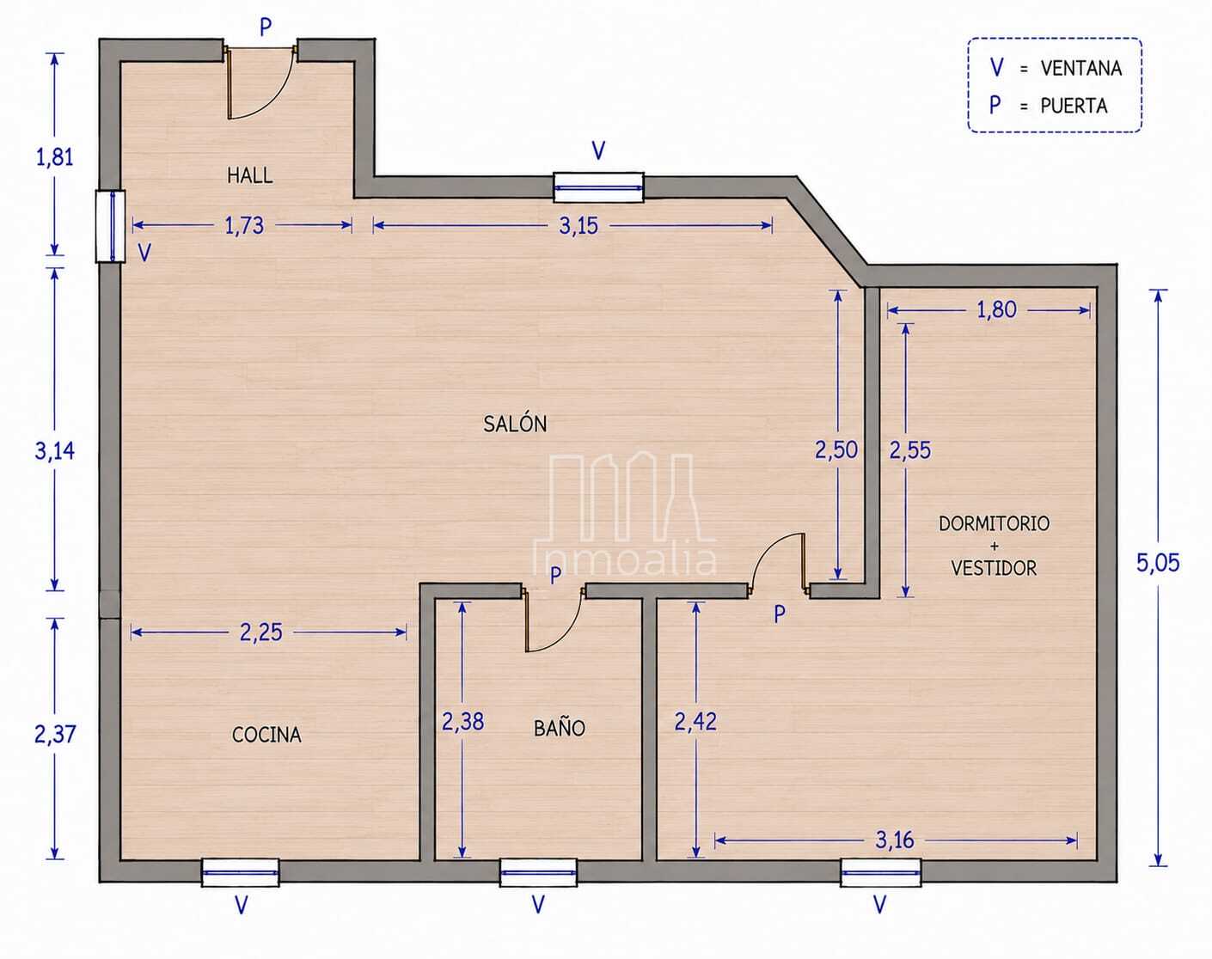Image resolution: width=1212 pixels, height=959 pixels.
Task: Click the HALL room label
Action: click(249, 175)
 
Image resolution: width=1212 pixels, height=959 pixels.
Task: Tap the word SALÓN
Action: click(515, 424)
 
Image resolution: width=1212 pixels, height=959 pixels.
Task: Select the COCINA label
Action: click(266, 735)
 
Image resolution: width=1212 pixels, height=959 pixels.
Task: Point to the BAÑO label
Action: click(560, 728)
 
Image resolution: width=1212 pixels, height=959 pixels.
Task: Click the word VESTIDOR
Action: click(994, 568)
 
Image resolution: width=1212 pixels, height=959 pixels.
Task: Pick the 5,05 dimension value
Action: click(1158, 563)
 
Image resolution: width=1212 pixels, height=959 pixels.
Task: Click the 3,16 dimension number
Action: click(894, 840)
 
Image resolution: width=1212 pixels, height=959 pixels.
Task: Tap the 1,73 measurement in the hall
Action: click(244, 226)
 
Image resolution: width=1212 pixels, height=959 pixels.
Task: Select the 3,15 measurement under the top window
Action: click(578, 226)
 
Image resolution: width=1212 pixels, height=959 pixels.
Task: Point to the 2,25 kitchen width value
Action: click(260, 632)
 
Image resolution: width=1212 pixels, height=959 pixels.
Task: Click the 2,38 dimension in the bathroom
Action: click(462, 721)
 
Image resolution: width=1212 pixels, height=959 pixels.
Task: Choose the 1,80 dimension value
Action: click(996, 309)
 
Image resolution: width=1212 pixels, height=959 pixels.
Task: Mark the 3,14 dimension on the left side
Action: click(55, 451)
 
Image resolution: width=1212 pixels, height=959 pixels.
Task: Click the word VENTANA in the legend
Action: click(1080, 69)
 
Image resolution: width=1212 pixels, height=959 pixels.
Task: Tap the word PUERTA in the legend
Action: click(1074, 106)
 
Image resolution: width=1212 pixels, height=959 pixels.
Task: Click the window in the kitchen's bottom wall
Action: click(241, 873)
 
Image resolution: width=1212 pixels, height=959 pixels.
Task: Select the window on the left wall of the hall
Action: click(110, 226)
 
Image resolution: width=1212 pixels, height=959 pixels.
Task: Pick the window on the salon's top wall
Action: click(598, 187)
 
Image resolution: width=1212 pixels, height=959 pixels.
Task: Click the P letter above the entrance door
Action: click(266, 27)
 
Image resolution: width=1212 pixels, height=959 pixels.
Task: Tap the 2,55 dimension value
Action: click(910, 450)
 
